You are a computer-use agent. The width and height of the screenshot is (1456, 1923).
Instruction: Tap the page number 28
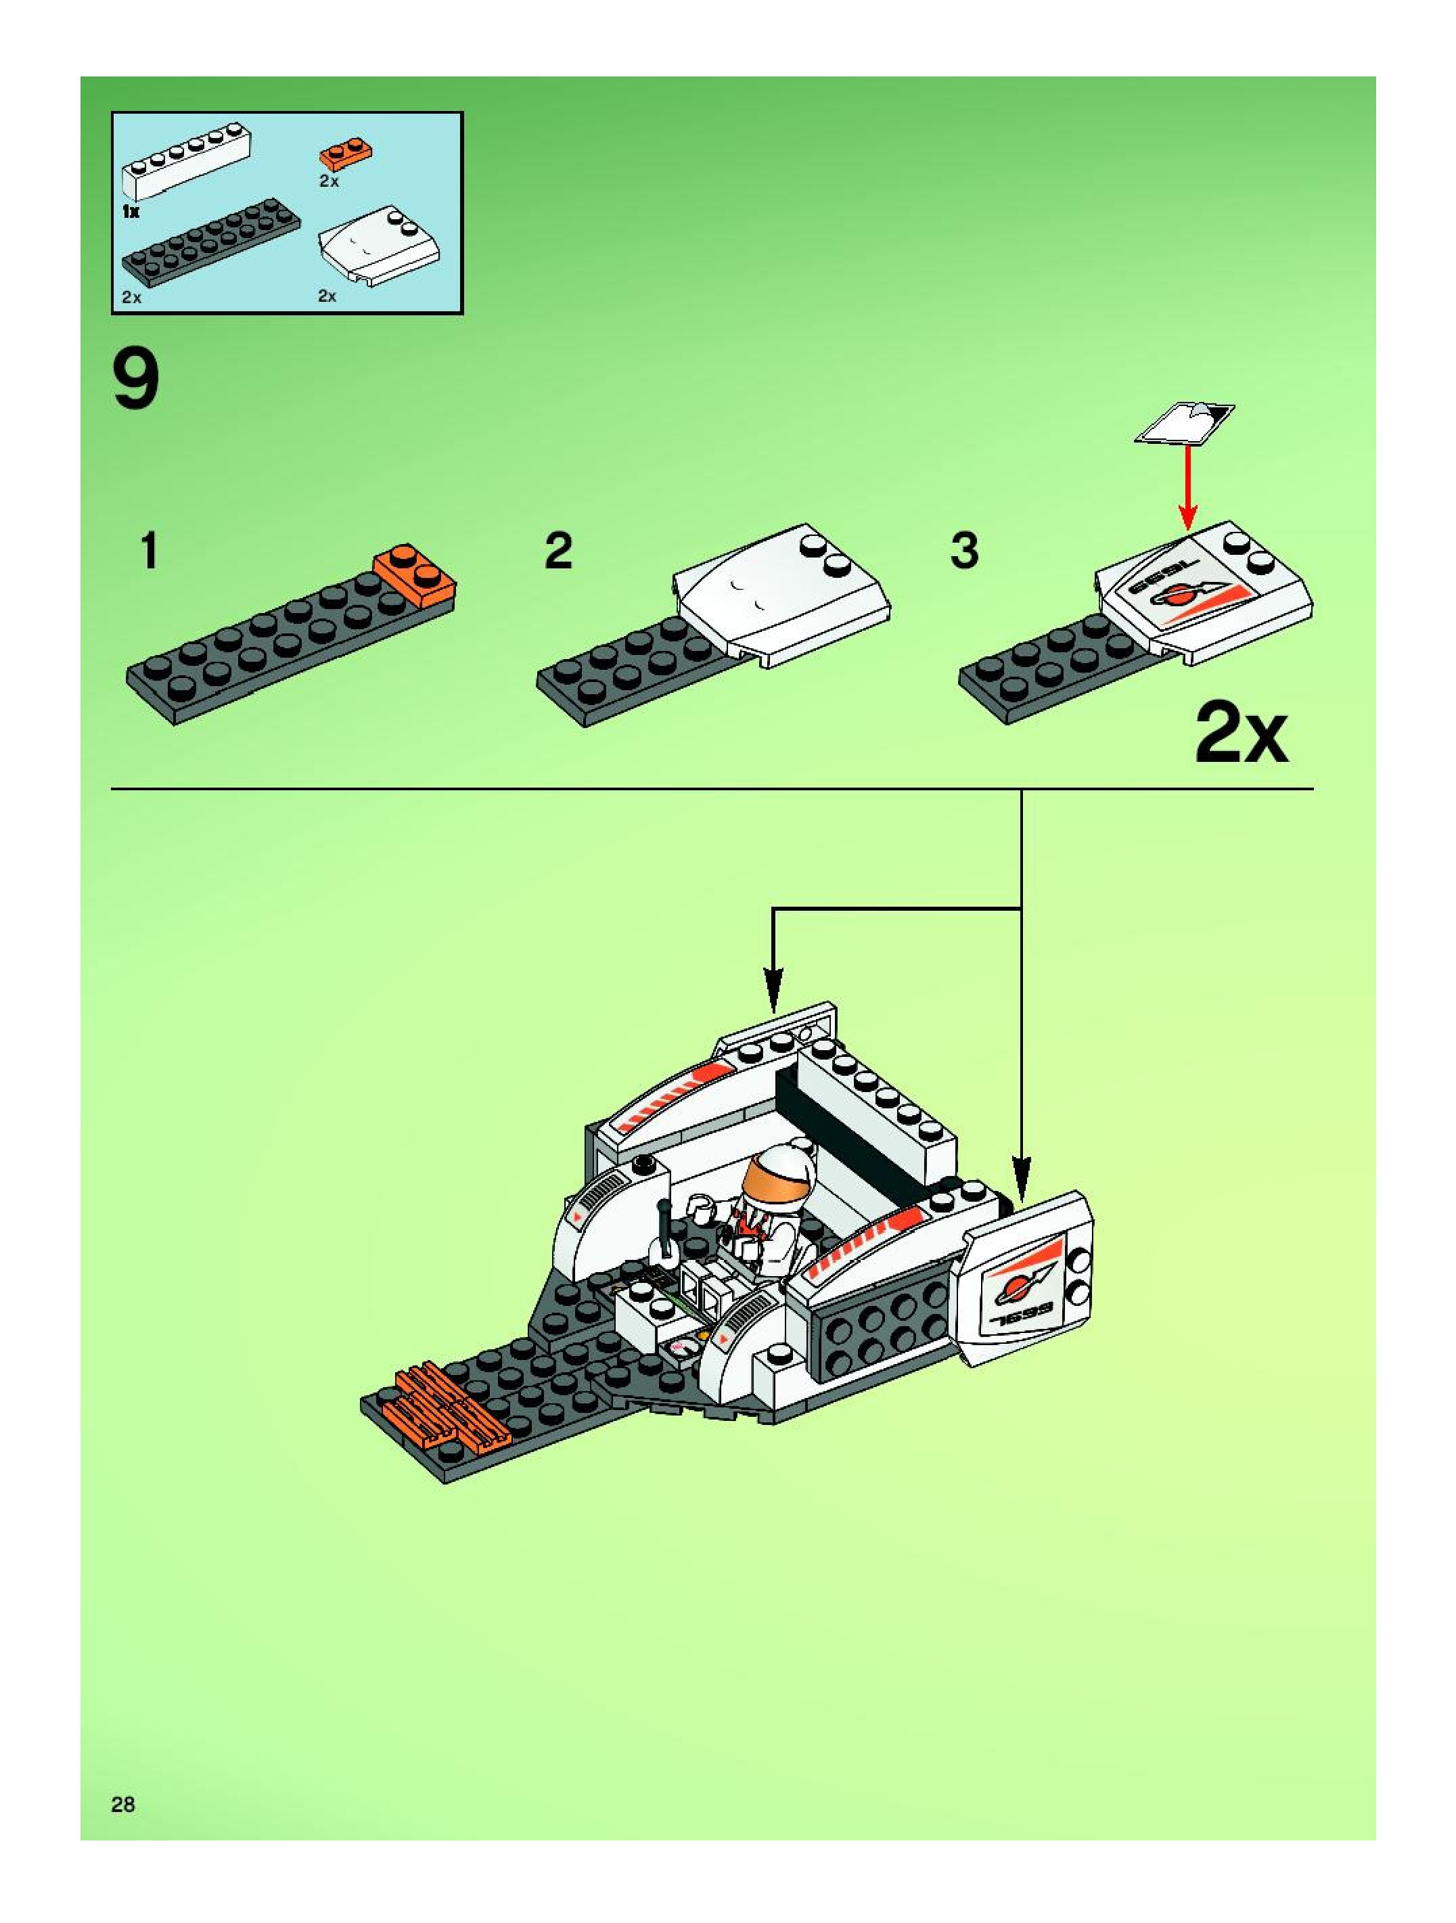click(x=122, y=1804)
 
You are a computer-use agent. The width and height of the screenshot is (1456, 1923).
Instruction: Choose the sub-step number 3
click(x=965, y=551)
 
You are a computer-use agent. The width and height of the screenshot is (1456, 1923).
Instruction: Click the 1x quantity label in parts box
click(x=131, y=211)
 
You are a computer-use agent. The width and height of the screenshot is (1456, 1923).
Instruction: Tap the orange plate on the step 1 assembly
click(x=415, y=576)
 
